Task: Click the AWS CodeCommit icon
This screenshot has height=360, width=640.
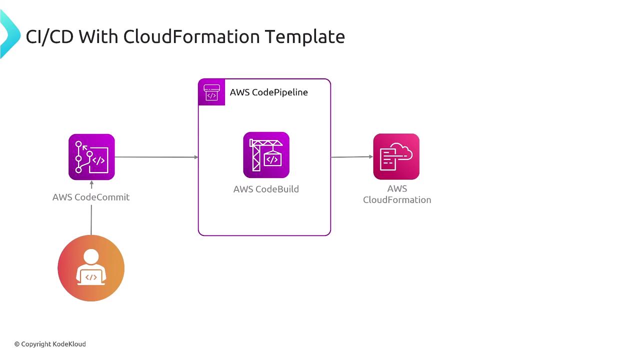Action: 91,157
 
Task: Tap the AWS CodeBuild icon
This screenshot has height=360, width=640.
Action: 266,155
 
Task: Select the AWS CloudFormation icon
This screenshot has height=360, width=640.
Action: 396,156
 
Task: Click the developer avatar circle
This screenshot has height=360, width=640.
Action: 91,268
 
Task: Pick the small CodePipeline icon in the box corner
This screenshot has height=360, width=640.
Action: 211,92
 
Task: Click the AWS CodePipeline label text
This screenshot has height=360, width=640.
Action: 268,92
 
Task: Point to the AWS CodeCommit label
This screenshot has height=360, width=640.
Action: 91,197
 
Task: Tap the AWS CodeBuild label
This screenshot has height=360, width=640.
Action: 266,189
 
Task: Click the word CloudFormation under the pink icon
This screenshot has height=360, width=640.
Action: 397,200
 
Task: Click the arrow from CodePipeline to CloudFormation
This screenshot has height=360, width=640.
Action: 351,157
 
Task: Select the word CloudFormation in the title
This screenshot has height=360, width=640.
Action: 191,36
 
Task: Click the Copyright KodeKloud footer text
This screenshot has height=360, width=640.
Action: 50,344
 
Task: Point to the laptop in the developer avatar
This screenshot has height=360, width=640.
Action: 91,277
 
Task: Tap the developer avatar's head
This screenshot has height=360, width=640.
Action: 91,257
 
